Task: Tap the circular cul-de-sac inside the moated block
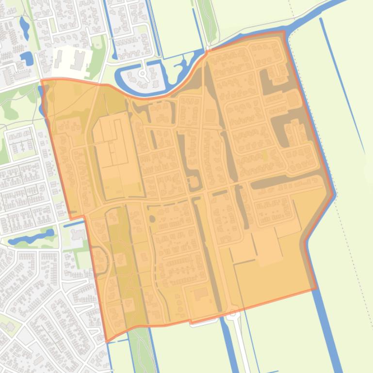(x=143, y=74)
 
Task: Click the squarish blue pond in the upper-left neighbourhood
(x=27, y=59)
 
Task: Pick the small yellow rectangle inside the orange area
(x=264, y=156)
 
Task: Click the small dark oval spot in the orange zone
(x=152, y=219)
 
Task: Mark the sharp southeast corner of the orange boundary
(x=316, y=290)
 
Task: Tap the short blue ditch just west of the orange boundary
(x=73, y=225)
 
